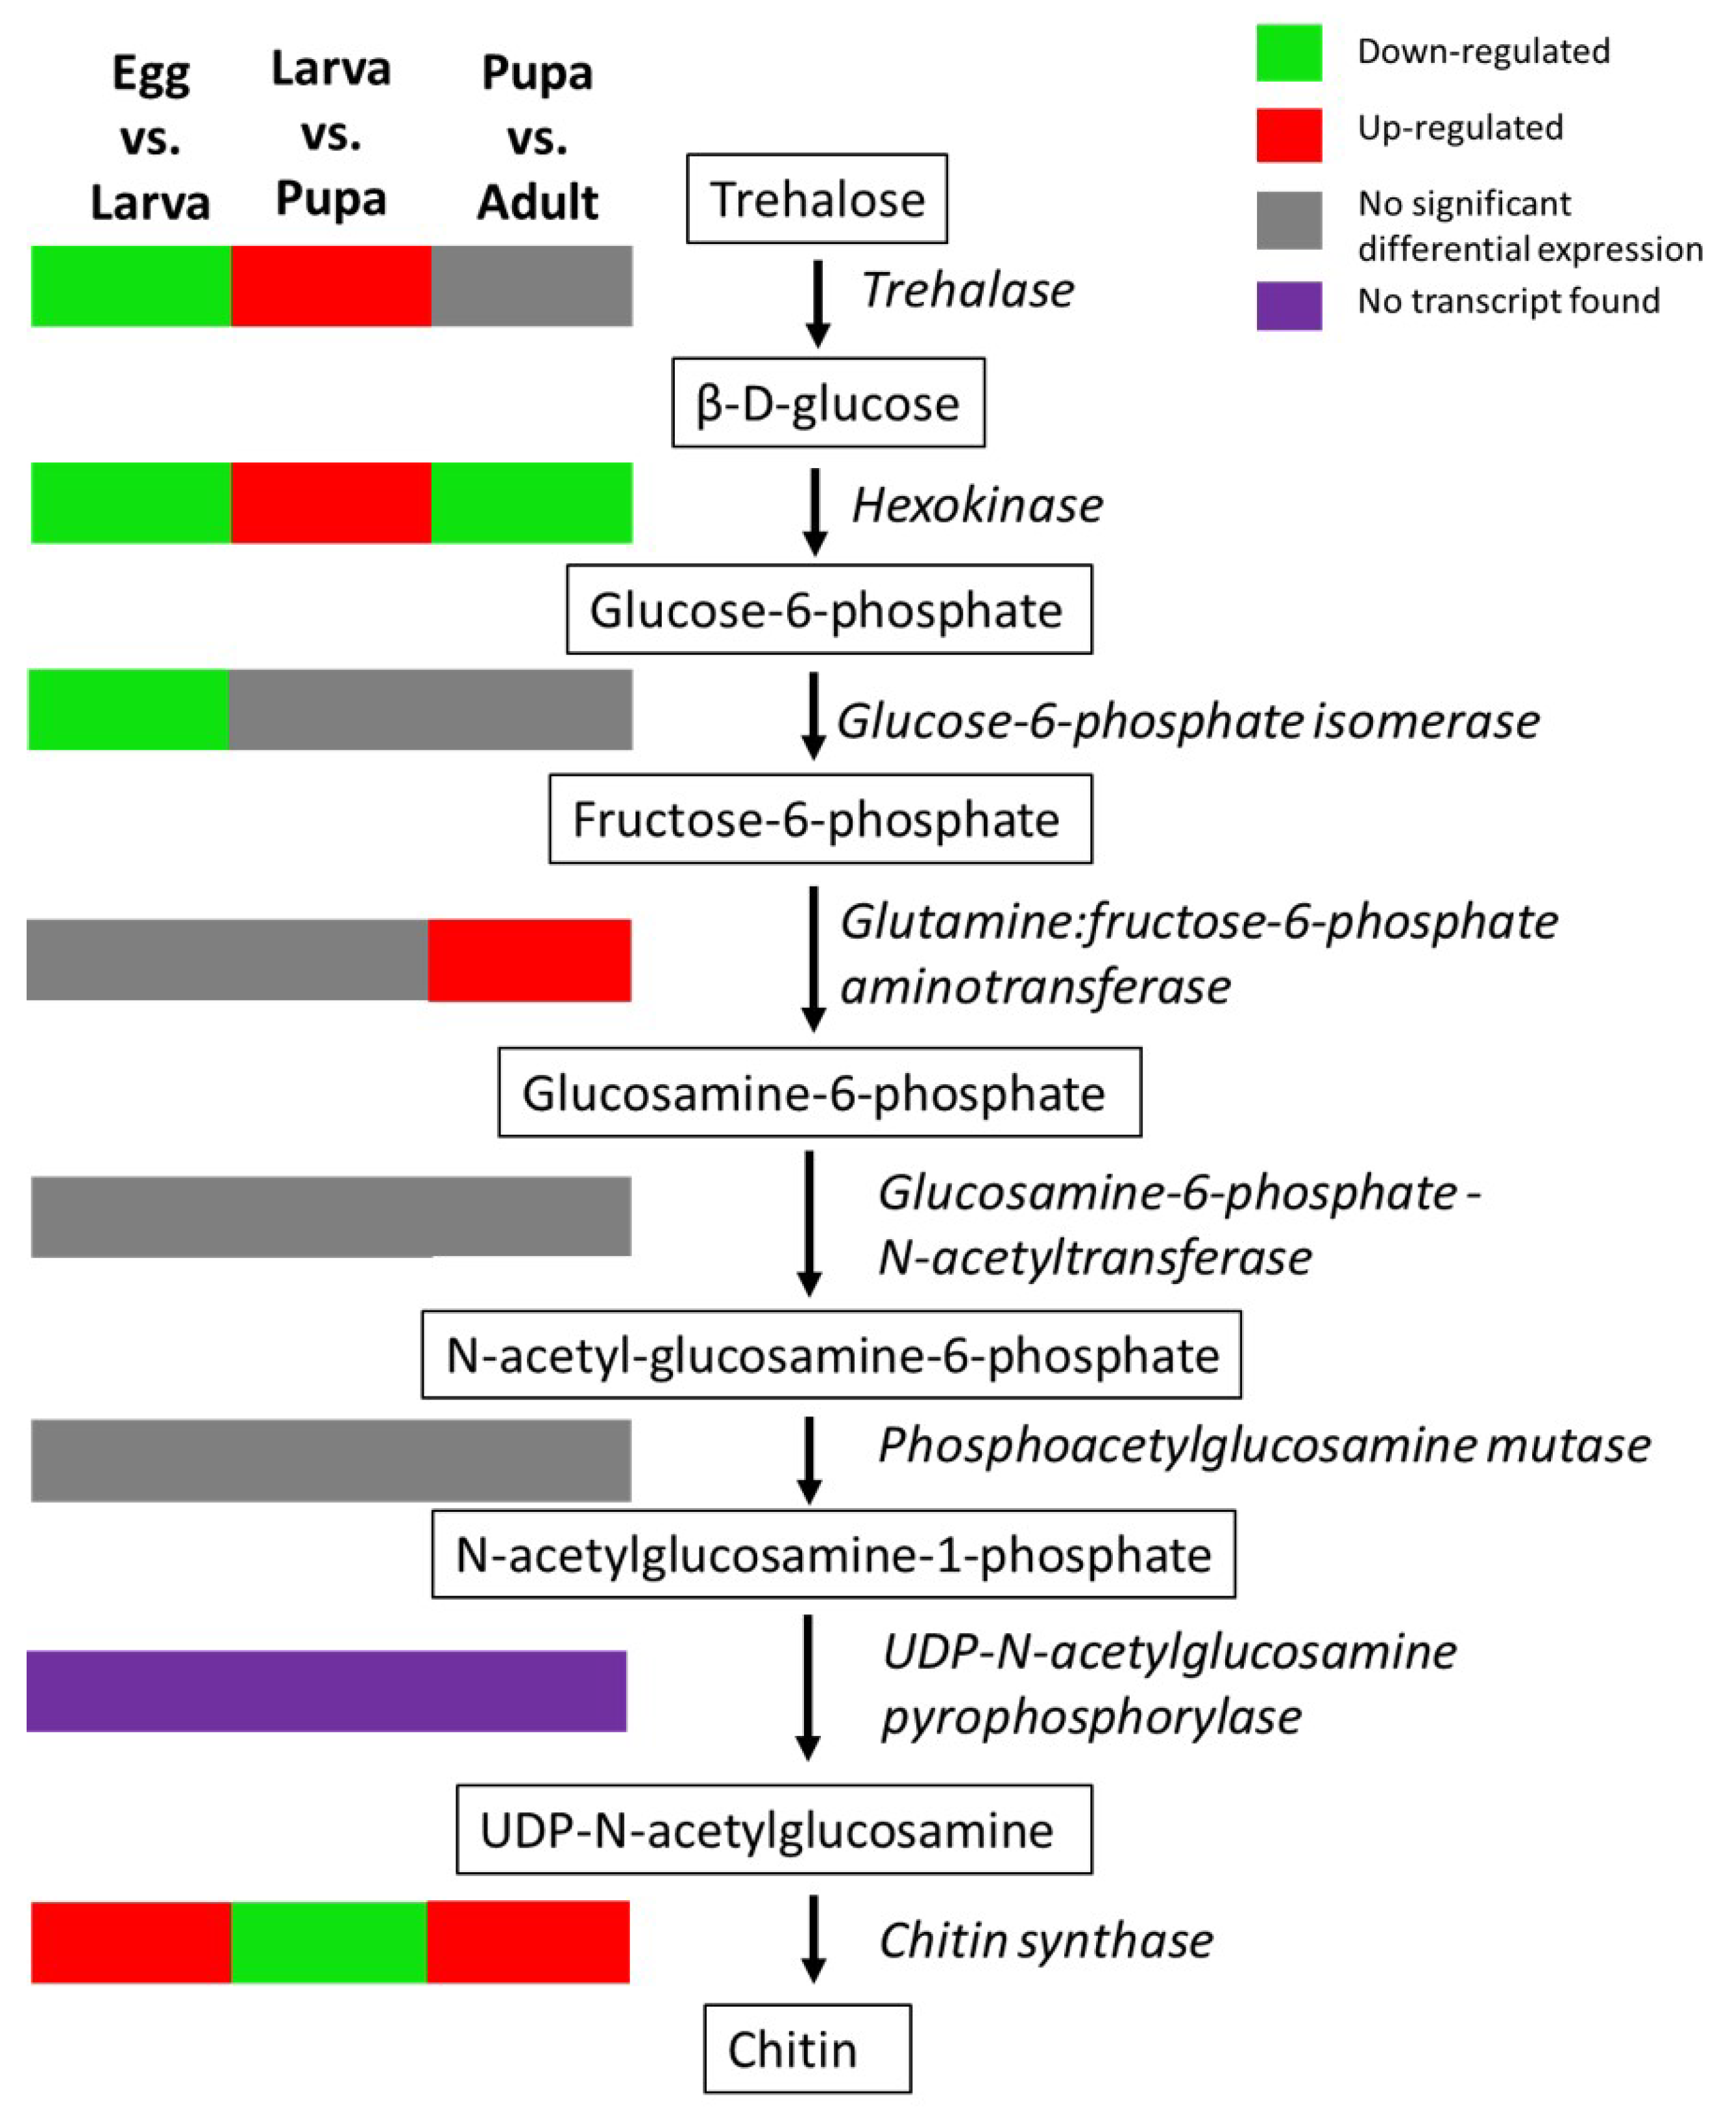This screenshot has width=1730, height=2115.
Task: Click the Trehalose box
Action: click(x=816, y=199)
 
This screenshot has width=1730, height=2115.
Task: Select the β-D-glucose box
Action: click(x=827, y=402)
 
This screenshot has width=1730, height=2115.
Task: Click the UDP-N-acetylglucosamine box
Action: click(x=774, y=1830)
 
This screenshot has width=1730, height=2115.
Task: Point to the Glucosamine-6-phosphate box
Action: click(x=819, y=1093)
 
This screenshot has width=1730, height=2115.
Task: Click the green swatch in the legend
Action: click(x=1289, y=53)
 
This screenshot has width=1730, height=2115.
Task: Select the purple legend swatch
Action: click(x=1289, y=305)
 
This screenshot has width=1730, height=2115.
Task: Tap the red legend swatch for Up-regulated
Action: click(x=1289, y=134)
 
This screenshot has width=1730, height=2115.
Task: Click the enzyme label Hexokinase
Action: click(x=977, y=505)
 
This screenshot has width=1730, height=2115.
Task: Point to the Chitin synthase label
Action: click(x=1045, y=1940)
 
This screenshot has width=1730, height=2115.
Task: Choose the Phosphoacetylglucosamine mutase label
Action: click(x=1263, y=1445)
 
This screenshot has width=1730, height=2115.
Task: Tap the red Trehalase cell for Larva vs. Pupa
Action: click(x=331, y=286)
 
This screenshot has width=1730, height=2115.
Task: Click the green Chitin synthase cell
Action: click(x=329, y=1942)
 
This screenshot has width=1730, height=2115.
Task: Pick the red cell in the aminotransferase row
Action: click(x=529, y=960)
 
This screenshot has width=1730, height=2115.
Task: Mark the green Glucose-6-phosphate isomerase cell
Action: click(x=128, y=710)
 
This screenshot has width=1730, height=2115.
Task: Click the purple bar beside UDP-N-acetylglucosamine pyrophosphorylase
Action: click(x=326, y=1691)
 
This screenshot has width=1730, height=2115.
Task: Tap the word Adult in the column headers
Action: click(x=537, y=203)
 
